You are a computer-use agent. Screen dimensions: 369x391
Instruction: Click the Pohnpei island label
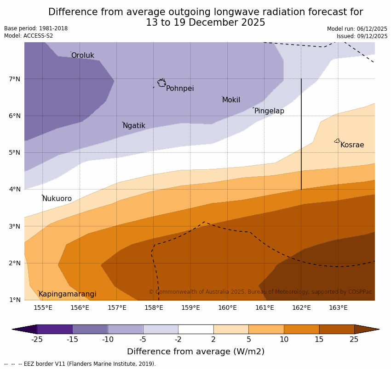[x=180, y=89]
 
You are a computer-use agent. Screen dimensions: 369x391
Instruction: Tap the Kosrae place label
[x=352, y=145]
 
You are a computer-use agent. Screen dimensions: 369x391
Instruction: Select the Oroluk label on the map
[x=82, y=56]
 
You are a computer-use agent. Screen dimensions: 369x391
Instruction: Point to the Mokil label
[x=231, y=100]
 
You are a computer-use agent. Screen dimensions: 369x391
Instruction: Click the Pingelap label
[x=269, y=111]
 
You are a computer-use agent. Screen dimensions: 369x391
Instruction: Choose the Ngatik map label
[x=134, y=126]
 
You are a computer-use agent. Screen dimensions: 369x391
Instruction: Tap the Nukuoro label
[x=57, y=199]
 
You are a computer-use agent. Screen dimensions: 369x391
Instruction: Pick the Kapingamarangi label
[x=67, y=294]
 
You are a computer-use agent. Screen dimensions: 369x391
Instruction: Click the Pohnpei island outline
[x=161, y=83]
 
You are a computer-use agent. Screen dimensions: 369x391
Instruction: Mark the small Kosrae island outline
[x=337, y=141]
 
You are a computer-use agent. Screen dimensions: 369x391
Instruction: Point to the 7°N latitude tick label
[x=15, y=79]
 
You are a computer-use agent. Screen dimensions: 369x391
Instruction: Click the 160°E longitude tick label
[x=227, y=307]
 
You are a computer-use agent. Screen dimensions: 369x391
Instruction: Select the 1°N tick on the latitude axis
[x=15, y=300]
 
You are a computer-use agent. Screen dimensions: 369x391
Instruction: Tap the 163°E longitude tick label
[x=338, y=307]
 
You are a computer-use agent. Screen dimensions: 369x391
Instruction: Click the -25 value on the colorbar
[x=37, y=340]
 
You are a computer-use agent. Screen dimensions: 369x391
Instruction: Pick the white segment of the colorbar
[x=195, y=329]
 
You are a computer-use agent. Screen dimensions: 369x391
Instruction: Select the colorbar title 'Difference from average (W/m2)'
[x=195, y=352]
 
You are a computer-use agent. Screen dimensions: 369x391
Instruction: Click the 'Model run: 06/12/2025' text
[x=357, y=29]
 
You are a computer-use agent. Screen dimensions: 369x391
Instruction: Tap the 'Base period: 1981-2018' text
[x=36, y=28]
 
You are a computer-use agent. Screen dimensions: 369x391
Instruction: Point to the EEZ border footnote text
[x=80, y=364]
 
